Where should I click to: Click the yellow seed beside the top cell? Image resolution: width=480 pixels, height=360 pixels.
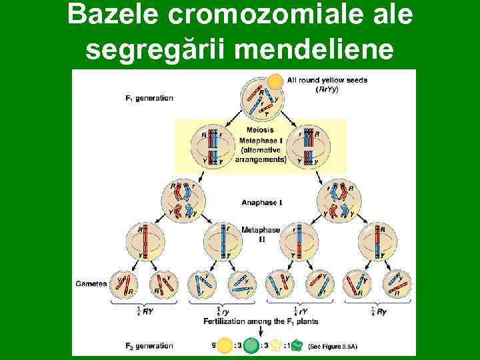click(275, 81)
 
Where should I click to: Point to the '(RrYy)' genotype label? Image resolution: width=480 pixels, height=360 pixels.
click(326, 89)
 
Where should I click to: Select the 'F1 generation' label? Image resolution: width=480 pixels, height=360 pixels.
click(149, 98)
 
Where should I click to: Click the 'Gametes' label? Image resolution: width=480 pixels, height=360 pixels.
click(91, 283)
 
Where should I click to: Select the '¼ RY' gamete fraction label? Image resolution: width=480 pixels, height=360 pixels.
click(141, 311)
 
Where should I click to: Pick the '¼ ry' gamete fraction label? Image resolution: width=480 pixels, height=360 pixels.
click(223, 311)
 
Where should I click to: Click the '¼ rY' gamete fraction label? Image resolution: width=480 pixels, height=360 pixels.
click(299, 311)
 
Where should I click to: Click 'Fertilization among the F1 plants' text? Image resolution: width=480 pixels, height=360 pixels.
click(261, 321)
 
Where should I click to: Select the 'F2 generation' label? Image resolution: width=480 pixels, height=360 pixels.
click(149, 345)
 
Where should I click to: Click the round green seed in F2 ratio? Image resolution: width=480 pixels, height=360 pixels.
click(251, 346)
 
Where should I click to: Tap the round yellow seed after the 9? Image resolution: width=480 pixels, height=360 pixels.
click(225, 346)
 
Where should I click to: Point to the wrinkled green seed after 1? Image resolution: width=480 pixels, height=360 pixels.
click(297, 346)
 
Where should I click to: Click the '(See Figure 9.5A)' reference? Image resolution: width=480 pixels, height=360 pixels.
click(340, 347)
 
